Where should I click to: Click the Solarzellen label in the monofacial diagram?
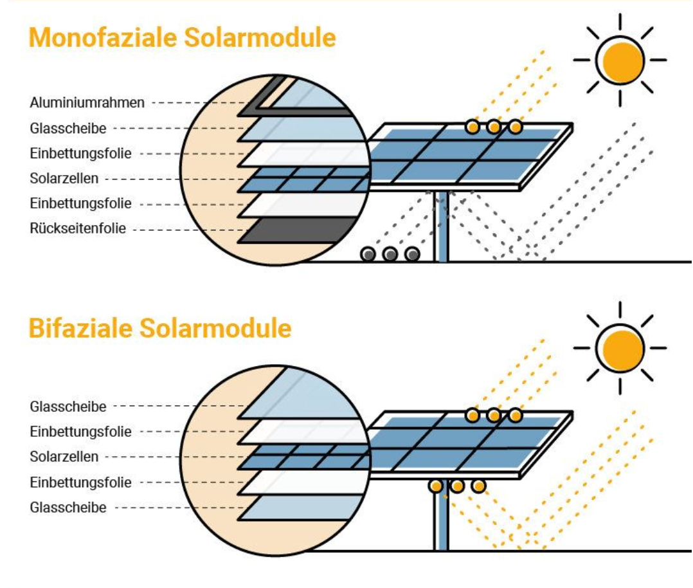point(64,178)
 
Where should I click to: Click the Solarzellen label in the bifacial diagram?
point(64,457)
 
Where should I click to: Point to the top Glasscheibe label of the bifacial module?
point(68,407)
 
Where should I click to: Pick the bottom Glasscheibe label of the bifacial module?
point(68,508)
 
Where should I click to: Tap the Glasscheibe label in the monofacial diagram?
point(68,128)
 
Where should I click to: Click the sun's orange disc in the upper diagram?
point(620,60)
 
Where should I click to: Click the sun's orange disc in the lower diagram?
point(620,348)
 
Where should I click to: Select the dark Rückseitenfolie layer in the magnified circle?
point(302,230)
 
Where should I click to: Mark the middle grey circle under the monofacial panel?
point(390,254)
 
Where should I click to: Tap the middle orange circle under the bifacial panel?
point(457,486)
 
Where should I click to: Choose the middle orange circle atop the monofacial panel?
point(494,127)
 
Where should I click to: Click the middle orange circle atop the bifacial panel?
point(494,416)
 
